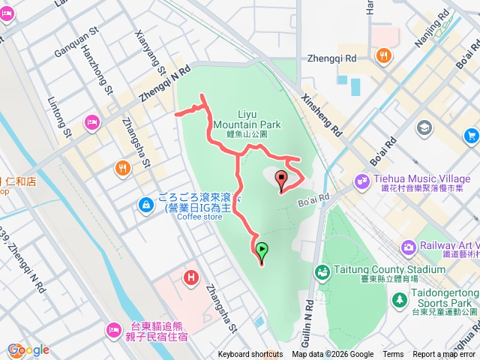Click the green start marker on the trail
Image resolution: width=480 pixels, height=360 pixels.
262,251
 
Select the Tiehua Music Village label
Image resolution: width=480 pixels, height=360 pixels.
423,179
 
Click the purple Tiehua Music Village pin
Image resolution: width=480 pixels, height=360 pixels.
362,180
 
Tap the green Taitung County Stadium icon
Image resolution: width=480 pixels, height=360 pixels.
322,271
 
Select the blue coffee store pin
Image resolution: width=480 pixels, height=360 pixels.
147,202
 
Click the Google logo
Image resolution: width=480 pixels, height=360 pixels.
28,349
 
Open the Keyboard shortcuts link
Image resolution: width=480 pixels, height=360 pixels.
250,355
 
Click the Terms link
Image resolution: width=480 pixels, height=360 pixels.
393,355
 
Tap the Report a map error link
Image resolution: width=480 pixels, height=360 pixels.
445,355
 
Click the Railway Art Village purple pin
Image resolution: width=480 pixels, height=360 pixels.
409,246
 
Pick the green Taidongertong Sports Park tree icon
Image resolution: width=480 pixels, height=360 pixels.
399,299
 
